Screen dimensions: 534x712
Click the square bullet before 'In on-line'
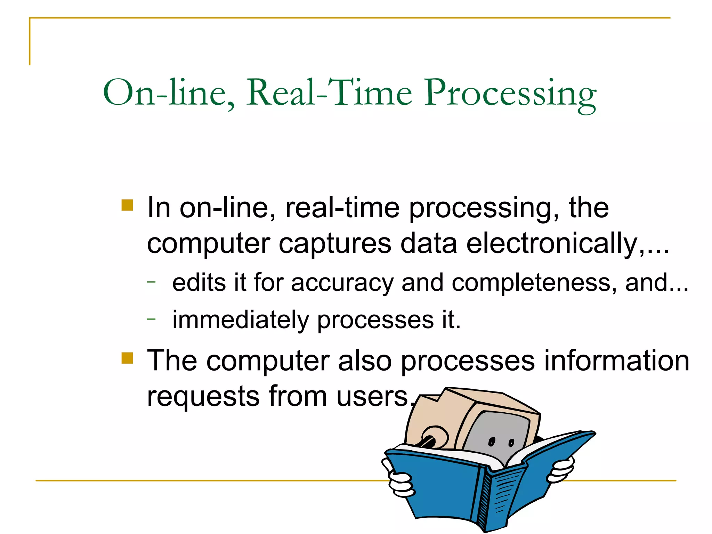click(x=127, y=205)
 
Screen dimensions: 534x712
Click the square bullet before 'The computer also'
click(x=127, y=358)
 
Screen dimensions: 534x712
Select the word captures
click(x=335, y=244)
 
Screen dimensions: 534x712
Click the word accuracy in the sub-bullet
click(x=342, y=283)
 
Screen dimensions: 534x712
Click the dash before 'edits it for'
click(x=151, y=282)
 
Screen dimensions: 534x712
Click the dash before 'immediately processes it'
click(x=151, y=318)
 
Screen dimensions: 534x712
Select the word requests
click(x=203, y=396)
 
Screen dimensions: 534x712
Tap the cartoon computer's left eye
click(x=491, y=442)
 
